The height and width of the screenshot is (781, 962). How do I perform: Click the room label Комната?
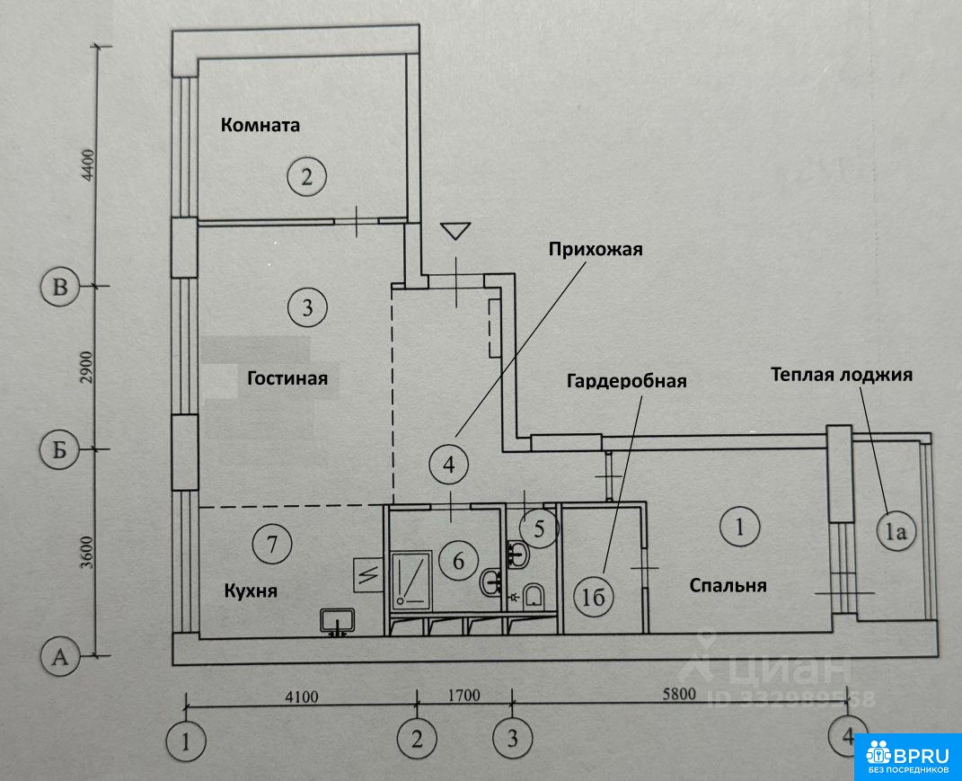260,125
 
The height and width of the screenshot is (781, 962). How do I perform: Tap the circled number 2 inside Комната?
307,177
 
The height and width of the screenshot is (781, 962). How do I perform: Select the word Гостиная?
287,377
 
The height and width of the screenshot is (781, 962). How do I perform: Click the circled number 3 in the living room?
307,306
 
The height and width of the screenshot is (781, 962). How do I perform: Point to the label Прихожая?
596,249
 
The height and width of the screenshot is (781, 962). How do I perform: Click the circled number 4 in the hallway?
449,465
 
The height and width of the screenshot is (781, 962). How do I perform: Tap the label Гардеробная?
626,381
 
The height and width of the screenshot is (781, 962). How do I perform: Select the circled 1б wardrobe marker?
593,597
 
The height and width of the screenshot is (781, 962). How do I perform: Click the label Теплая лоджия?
842,375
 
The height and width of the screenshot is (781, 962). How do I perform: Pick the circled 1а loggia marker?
896,530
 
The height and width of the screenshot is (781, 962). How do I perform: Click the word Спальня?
728,585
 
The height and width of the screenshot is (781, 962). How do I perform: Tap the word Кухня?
251,590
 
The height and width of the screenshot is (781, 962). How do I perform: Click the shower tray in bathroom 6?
411,577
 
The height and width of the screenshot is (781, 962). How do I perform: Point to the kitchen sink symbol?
337,621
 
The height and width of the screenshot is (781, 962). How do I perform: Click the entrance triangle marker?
455,231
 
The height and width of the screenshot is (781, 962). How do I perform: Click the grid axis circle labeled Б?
59,450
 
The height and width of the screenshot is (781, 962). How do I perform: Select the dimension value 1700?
463,696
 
